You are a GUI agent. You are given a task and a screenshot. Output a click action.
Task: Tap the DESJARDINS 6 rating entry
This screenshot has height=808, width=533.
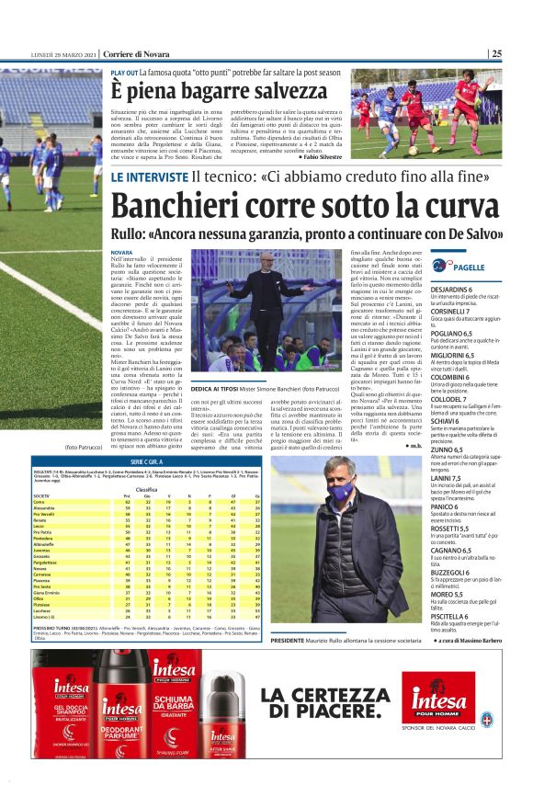point(476,288)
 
